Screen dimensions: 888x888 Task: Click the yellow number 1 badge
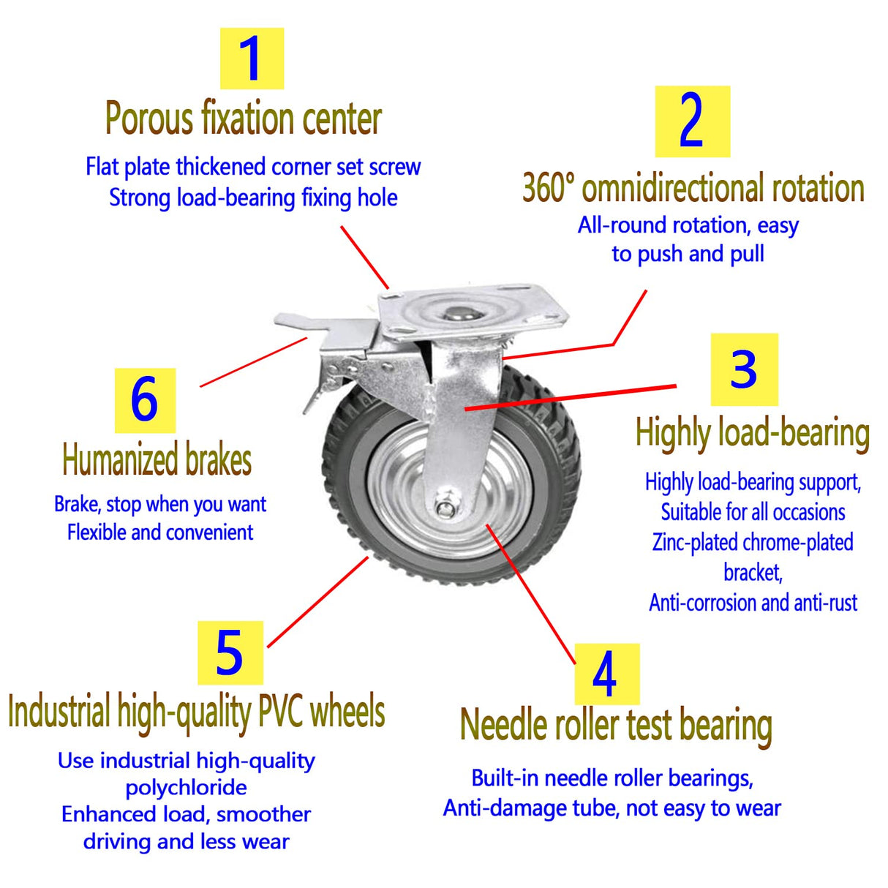[252, 59]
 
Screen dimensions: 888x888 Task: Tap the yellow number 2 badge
[692, 121]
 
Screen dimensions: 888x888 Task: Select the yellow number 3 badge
[744, 369]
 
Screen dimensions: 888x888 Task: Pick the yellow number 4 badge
[606, 674]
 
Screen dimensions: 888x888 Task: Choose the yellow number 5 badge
[230, 652]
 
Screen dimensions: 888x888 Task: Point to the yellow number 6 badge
[145, 400]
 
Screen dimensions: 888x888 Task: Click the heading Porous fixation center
[243, 118]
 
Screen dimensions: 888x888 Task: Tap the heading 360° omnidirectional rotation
[693, 188]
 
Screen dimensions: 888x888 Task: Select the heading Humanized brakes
[157, 460]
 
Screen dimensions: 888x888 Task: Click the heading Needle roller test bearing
[616, 725]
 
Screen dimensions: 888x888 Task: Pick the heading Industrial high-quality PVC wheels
[196, 712]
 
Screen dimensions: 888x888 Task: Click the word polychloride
[186, 788]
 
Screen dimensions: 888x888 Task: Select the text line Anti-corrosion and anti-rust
[753, 603]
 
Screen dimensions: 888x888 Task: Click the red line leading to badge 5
[318, 601]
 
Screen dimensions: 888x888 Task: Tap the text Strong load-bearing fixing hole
[253, 197]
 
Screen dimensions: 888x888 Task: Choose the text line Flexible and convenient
[159, 533]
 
